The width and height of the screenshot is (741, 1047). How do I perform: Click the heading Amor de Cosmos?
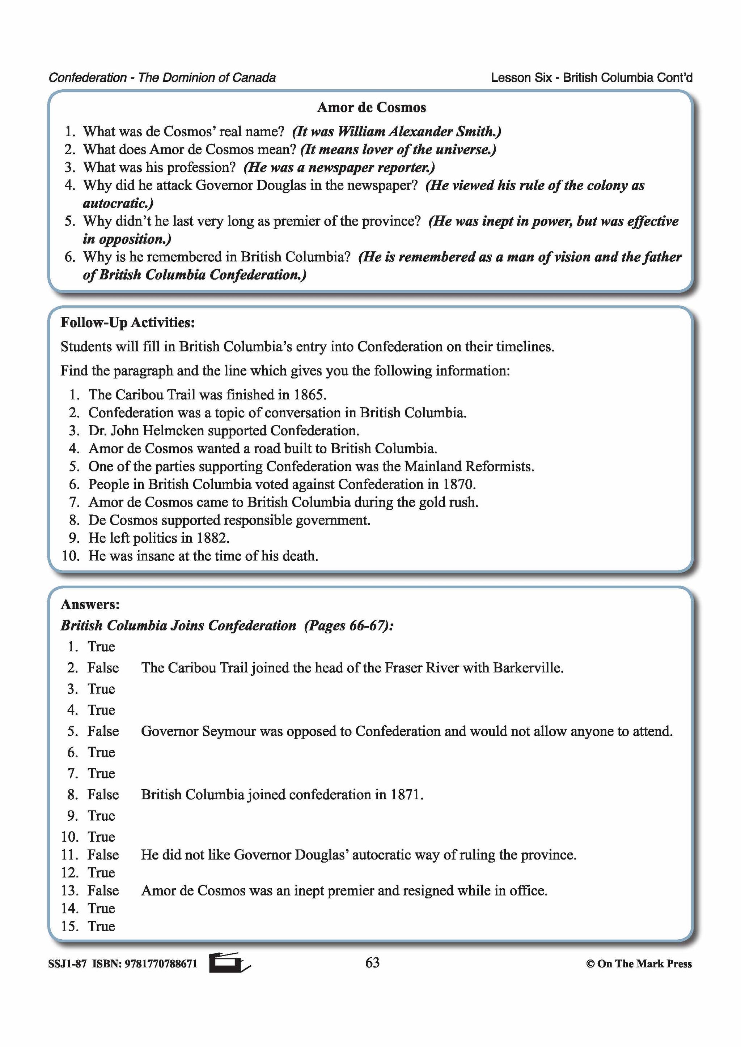click(x=372, y=108)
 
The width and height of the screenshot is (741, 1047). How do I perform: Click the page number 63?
click(x=372, y=963)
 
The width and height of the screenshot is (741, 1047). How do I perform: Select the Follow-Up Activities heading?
click(x=128, y=323)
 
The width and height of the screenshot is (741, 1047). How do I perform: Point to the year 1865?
click(x=309, y=394)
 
